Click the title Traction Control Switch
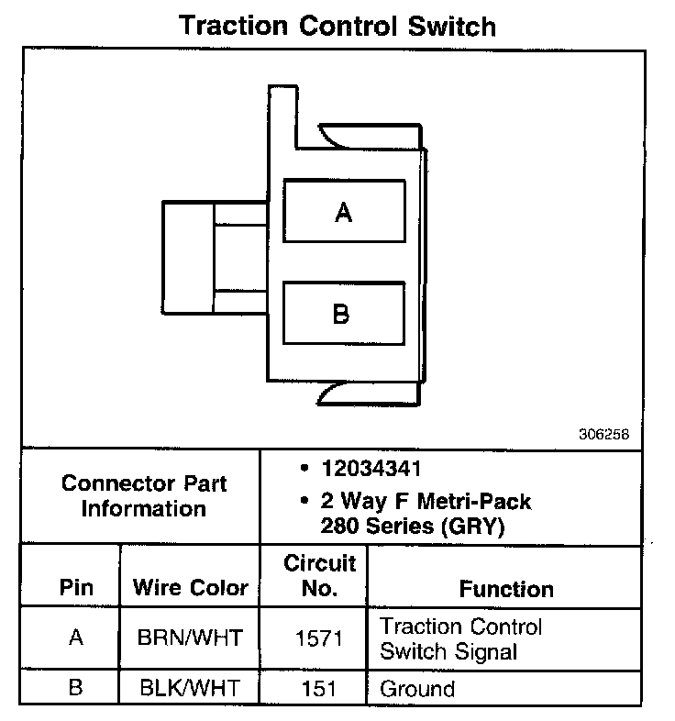[x=337, y=25]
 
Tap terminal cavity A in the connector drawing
[x=344, y=212]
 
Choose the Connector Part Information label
[x=143, y=495]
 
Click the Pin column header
[x=76, y=588]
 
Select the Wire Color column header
[x=191, y=588]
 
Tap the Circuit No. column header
[x=319, y=575]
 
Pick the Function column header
[x=506, y=589]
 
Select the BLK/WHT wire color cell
[x=191, y=688]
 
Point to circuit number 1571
[x=319, y=638]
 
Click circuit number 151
[x=319, y=688]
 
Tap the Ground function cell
[x=417, y=688]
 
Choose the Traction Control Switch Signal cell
[x=461, y=639]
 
